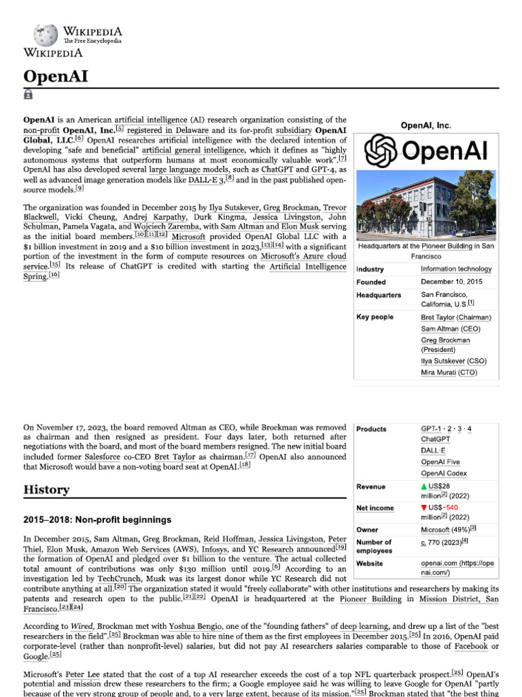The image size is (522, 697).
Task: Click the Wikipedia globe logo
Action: pos(46,35)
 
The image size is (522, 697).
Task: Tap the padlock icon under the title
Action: pos(28,95)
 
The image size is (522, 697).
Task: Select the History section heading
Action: pos(46,489)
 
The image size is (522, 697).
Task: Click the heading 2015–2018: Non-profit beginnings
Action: pos(97,520)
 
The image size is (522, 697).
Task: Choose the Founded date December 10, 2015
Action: pos(451,282)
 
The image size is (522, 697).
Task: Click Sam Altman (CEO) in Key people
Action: pos(450,329)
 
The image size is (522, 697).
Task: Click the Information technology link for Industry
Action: pos(456,269)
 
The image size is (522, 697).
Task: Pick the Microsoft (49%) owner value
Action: pos(445,529)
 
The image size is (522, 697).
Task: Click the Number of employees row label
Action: pos(374,547)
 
